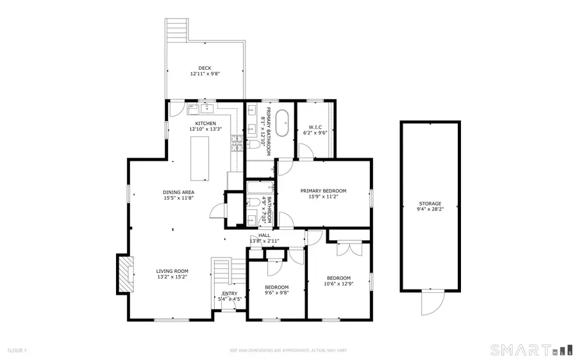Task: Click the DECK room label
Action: (205, 68)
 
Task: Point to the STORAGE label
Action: (430, 204)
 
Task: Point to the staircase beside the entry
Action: (221, 272)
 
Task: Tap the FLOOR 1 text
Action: (17, 350)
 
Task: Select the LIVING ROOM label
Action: (172, 271)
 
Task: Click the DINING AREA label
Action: (178, 192)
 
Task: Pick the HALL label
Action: (264, 235)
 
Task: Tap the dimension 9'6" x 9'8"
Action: (277, 293)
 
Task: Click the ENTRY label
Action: (229, 293)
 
